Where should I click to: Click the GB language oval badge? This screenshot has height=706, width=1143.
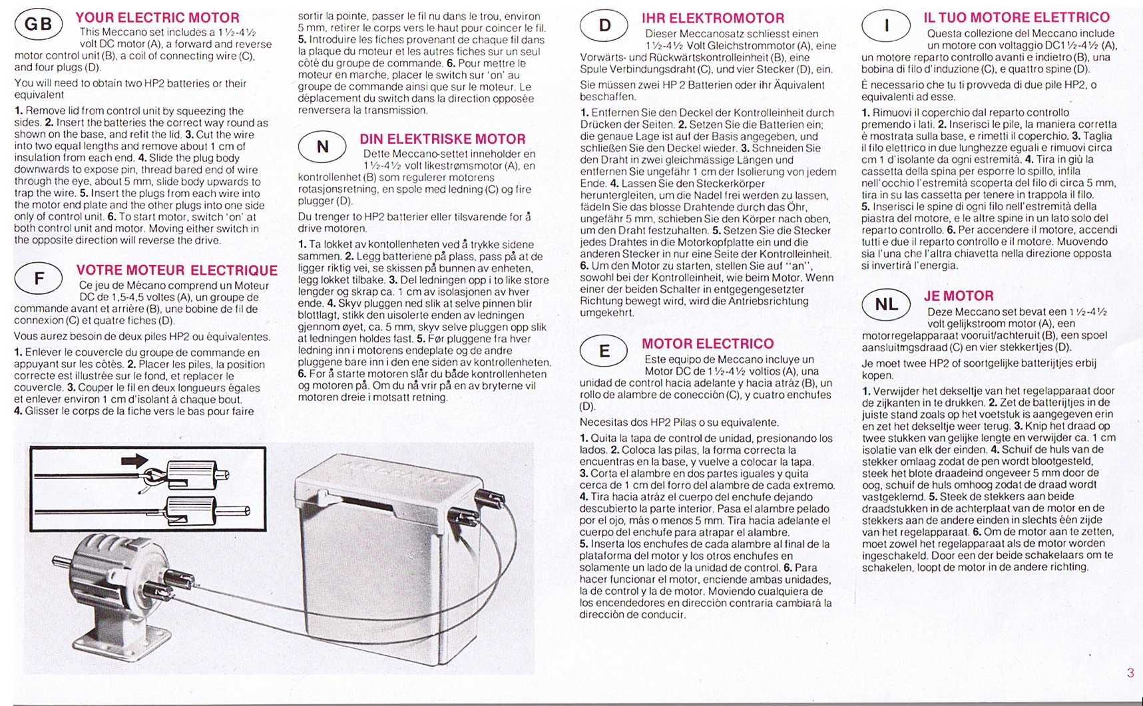pos(39,25)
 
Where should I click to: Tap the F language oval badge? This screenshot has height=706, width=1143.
pos(39,279)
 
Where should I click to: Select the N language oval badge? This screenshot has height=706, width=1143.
pos(322,146)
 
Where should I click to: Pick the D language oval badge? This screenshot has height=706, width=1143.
pos(604,26)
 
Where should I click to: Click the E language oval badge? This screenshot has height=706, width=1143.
pos(604,351)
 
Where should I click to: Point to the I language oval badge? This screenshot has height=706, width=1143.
pos(886,26)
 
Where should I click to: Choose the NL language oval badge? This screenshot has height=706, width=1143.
pos(886,304)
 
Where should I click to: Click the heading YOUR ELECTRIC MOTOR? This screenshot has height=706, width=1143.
pos(157,18)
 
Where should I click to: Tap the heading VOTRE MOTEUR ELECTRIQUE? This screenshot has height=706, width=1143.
pos(176,270)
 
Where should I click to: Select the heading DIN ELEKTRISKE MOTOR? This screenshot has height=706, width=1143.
pos(442,139)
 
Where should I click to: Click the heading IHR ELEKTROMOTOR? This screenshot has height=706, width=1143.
pos(713,19)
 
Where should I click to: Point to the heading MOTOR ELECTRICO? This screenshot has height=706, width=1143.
pos(708,344)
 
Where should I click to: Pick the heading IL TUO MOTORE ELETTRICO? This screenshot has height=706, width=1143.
pos(1017,18)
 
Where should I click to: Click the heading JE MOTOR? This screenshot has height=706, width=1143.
pos(959,296)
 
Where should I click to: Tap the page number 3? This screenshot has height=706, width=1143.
pos(1130,673)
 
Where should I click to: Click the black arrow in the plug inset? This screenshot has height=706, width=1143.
pos(135,461)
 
